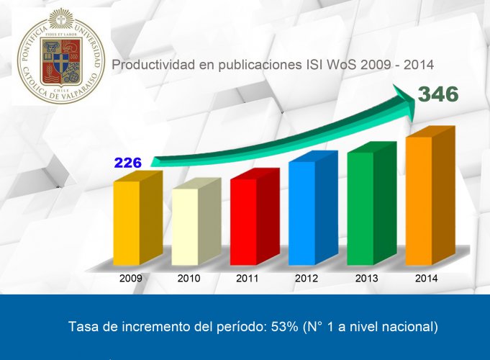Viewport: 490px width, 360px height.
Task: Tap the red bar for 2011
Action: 243,220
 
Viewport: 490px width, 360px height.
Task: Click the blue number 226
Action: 127,163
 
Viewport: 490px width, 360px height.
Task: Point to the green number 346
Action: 438,94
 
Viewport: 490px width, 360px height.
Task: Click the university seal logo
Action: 61,56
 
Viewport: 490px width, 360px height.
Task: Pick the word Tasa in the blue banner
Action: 83,326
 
